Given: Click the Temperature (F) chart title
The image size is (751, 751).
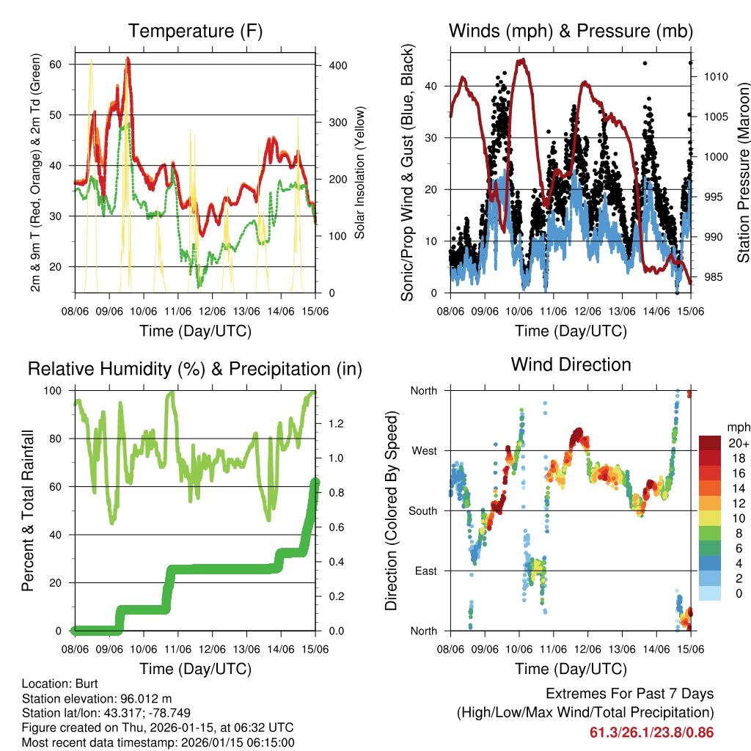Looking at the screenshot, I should pos(195,32).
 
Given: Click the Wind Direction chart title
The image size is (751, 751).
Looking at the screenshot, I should pos(571,364).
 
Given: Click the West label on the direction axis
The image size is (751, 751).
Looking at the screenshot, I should pos(424,450).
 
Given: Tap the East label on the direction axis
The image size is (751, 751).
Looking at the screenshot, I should pos(426,571).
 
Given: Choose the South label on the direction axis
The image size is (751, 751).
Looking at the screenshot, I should pos(423,510).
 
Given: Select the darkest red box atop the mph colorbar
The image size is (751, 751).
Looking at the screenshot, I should pos(710,443).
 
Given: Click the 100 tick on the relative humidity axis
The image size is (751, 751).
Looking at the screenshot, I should pos(60,391).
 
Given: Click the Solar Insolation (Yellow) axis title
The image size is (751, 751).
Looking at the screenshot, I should pos(360,173).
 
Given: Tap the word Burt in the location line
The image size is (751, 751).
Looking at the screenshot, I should pos(76,683).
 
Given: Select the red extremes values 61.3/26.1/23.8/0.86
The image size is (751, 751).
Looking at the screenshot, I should pos(651,732).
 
